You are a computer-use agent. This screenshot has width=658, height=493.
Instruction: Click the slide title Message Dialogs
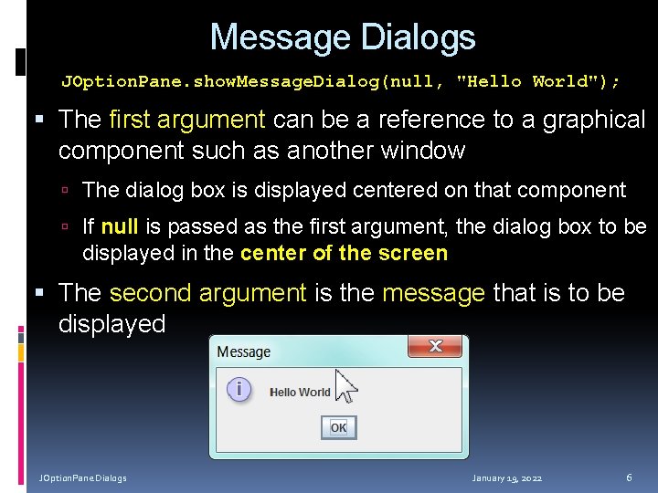(343, 37)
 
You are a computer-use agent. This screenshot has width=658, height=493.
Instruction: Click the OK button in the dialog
(338, 427)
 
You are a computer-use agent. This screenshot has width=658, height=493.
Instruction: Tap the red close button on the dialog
(435, 347)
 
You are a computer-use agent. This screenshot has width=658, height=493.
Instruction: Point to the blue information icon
(239, 390)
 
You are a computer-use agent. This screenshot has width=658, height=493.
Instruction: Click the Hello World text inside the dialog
(300, 392)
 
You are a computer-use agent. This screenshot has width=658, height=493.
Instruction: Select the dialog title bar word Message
(243, 351)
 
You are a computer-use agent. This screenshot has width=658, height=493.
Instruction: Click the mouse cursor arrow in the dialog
(345, 385)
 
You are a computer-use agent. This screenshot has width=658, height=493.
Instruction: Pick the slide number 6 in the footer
(629, 477)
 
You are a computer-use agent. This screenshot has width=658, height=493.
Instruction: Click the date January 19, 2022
(506, 478)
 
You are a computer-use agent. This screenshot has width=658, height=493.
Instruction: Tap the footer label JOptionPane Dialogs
(82, 478)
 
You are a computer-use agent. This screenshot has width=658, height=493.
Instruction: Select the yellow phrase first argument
(186, 120)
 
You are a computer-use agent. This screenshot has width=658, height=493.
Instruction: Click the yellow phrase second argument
(207, 293)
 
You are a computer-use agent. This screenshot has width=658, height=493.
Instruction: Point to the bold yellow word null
(120, 226)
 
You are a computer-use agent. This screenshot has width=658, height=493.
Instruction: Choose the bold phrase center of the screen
(344, 253)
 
